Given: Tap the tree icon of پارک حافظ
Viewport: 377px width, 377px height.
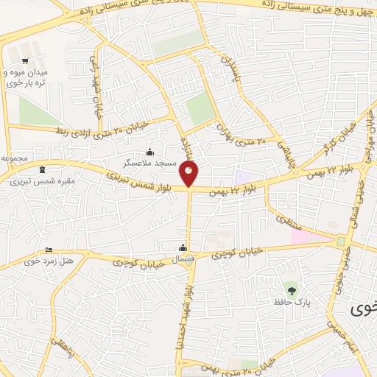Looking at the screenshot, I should click(288, 288).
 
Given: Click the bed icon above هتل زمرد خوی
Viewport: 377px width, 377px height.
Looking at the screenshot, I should click(49, 250).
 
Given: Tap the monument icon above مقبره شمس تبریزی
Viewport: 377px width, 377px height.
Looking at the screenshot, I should click(41, 169).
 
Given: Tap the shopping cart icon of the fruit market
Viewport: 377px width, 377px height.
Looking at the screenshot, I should click(26, 60).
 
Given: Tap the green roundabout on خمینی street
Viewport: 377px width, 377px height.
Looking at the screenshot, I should click(340, 242).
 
